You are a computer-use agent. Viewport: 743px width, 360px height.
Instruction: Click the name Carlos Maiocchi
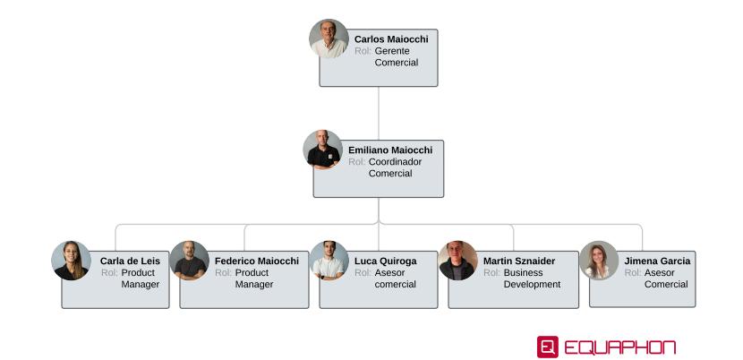[390, 39]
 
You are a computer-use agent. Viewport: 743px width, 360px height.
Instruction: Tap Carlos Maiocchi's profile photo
[329, 39]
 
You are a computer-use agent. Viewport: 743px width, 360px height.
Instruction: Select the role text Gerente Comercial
[396, 56]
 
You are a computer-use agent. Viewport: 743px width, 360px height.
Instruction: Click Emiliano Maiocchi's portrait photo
[322, 150]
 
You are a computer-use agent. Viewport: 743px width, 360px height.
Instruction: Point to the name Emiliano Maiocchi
[389, 150]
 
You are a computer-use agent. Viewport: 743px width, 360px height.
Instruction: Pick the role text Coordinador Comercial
[395, 167]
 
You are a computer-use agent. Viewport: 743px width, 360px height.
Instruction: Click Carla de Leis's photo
[71, 261]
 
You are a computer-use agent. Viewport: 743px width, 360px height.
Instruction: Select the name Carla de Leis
[130, 261]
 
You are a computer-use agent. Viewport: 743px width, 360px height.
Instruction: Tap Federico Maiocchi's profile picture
[189, 261]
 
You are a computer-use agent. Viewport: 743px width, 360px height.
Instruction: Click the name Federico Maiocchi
[256, 261]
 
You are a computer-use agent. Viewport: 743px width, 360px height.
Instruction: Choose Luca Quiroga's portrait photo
[329, 261]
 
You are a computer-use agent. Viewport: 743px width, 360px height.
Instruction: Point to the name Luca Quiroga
[385, 261]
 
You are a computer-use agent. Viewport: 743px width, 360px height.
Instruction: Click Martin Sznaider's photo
[457, 261]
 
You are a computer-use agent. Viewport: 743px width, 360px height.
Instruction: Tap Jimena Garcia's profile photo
[598, 261]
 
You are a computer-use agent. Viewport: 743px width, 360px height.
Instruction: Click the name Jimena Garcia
[657, 261]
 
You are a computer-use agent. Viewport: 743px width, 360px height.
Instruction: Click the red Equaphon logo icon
[547, 347]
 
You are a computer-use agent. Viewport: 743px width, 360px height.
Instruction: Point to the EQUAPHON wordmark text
[619, 347]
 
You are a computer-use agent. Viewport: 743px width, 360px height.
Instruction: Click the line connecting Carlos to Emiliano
[379, 108]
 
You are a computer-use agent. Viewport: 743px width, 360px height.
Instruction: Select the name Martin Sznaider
[518, 261]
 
